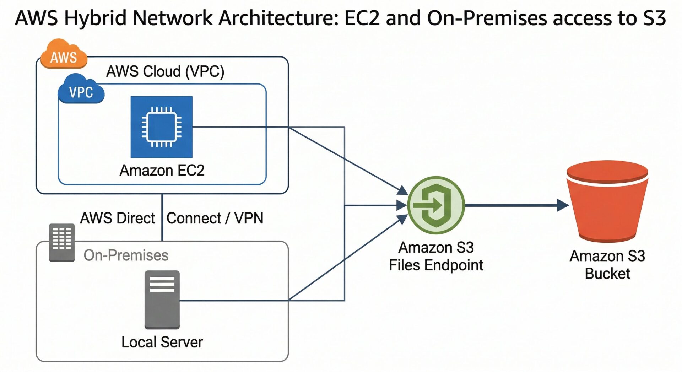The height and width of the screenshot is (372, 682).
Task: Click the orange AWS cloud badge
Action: point(64,54)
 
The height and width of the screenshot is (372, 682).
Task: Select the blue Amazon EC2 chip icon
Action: point(162,127)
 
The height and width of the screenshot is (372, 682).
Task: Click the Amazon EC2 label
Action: point(162,171)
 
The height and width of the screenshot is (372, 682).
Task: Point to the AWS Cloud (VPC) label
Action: point(165,71)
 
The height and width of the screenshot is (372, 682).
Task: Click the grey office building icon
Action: point(62,242)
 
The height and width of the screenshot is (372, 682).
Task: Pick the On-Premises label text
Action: point(126,255)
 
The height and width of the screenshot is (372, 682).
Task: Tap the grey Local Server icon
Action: point(162,300)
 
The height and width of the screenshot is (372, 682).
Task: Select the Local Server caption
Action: point(162,342)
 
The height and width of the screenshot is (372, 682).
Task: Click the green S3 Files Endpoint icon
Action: point(436,205)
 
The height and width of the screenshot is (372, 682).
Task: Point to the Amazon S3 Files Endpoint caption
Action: point(436,256)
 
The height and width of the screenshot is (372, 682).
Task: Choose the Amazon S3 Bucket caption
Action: point(607,265)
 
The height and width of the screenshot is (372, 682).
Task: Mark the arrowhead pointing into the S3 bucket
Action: point(563,205)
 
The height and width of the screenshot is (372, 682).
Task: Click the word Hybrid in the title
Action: point(95,18)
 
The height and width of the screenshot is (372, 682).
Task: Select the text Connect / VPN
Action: point(215,218)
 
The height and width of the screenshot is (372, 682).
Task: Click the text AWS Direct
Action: point(118,218)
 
